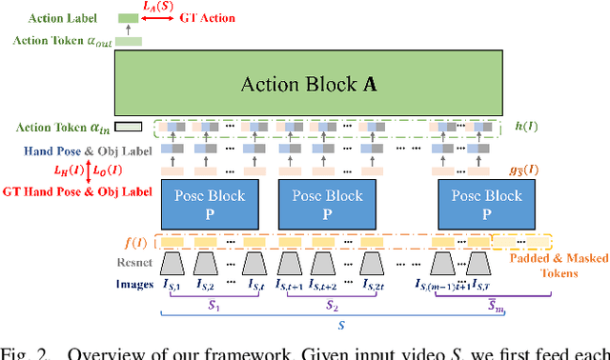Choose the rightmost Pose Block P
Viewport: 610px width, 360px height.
(487, 202)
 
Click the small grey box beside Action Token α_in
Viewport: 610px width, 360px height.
(129, 127)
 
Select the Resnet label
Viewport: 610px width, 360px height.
(133, 262)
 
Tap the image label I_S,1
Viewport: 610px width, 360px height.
(176, 283)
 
